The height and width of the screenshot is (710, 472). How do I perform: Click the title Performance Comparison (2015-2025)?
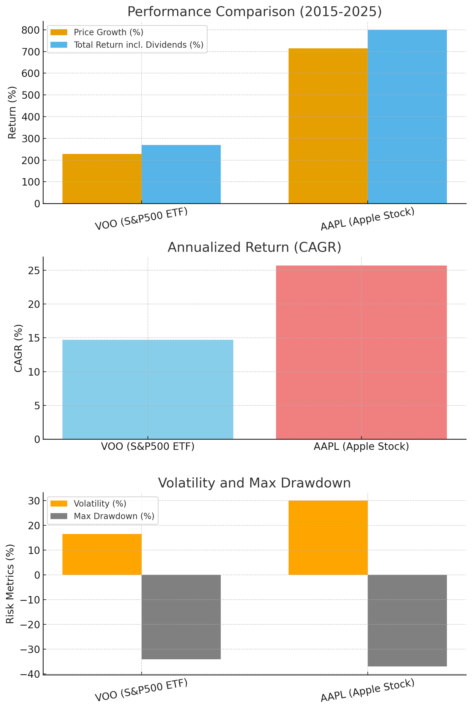[254, 12]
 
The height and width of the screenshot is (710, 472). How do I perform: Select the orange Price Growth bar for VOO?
[102, 179]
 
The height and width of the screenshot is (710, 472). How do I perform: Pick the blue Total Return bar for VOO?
[181, 174]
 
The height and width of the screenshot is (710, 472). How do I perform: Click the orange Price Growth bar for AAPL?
[328, 126]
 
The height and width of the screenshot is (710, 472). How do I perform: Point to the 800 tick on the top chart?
[30, 30]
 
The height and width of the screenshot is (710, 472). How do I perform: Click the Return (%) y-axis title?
[12, 113]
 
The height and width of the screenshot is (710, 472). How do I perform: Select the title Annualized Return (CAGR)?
[254, 247]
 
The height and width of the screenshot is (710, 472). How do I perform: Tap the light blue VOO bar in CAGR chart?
[148, 389]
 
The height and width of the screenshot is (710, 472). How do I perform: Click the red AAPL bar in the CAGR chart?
[361, 352]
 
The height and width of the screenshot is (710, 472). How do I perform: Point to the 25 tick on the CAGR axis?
[34, 271]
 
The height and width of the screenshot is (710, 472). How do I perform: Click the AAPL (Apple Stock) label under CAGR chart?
[361, 446]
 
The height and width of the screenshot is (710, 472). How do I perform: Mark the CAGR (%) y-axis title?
[18, 348]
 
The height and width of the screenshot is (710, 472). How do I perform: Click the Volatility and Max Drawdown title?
[254, 483]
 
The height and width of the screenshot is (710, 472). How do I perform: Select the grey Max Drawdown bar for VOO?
[181, 617]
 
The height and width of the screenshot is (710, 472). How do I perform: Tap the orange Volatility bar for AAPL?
[328, 538]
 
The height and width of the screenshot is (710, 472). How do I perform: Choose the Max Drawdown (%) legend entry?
[114, 516]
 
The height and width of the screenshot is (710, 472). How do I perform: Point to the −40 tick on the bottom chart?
[30, 674]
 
